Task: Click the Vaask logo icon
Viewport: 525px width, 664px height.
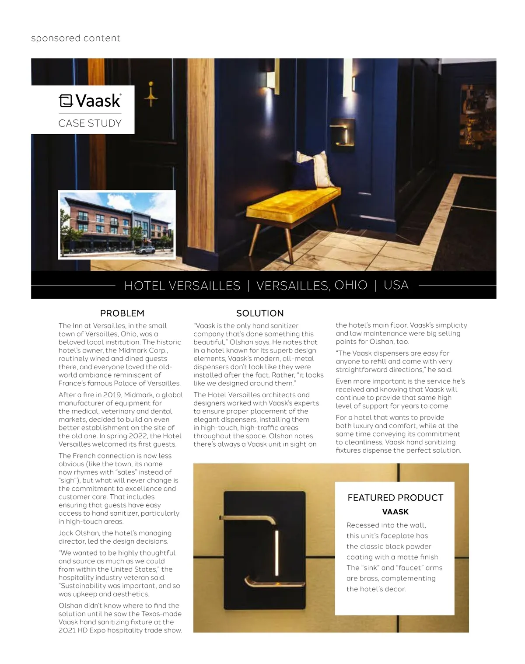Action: click(x=66, y=101)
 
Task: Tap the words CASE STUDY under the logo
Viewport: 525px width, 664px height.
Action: click(x=90, y=123)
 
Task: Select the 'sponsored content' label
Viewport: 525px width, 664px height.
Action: click(x=76, y=38)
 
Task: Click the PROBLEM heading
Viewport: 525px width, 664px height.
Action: click(x=122, y=313)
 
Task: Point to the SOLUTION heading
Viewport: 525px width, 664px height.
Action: click(x=260, y=313)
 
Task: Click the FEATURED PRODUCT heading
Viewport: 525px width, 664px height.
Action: click(x=395, y=498)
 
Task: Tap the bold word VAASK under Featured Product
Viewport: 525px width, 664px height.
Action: click(x=395, y=512)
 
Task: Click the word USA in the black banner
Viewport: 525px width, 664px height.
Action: click(x=396, y=285)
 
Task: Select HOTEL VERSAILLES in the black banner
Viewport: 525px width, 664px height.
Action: click(x=182, y=286)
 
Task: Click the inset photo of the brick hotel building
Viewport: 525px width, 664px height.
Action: click(x=117, y=225)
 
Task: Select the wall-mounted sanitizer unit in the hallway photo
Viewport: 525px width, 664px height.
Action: click(x=342, y=135)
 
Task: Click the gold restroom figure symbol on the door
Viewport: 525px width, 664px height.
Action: click(x=151, y=94)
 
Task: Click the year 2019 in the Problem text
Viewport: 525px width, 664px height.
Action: click(x=112, y=395)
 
